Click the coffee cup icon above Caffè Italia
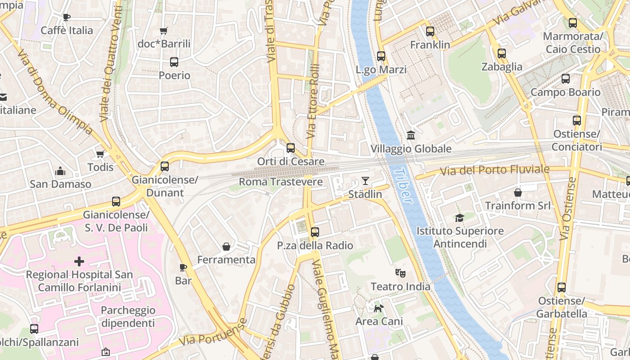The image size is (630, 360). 67,17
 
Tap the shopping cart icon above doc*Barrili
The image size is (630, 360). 164,31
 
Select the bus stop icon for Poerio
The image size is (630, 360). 174,62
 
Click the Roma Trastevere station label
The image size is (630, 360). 280,182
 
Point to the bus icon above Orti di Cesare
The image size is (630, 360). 291,148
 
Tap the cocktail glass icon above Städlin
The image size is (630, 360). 365,181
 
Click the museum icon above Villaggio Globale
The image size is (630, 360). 410,135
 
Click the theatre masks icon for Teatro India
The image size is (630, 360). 400,273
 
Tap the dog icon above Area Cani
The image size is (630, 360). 379,308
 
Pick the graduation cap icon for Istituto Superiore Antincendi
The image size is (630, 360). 459,218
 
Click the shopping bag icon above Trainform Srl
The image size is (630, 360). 518,193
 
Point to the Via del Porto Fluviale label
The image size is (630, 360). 495,170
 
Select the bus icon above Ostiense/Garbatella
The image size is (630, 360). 562,287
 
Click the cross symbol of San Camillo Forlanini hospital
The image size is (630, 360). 79,261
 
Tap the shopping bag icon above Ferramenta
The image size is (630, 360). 226,247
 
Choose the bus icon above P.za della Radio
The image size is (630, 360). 315,232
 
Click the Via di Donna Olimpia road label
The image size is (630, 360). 55,92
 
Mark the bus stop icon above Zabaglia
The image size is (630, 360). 502,54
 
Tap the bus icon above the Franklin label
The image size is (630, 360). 430,31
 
